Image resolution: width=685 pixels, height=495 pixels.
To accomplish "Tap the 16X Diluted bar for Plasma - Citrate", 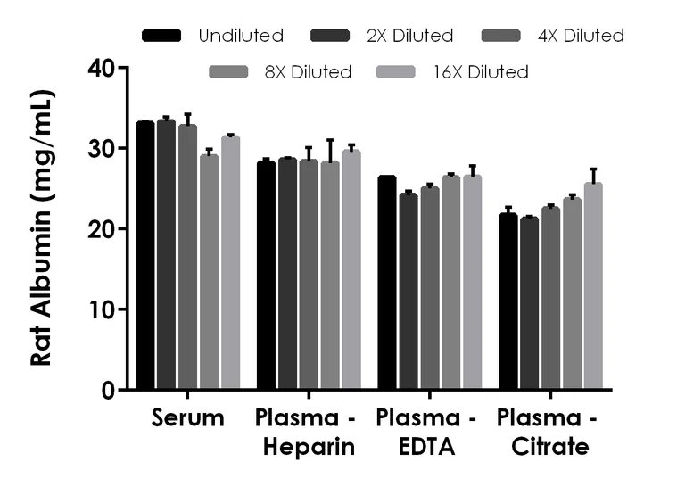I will pyautogui.click(x=593, y=286).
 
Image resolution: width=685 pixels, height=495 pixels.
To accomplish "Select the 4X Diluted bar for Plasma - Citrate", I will pyautogui.click(x=551, y=298).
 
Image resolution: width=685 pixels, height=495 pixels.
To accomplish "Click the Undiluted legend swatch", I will pyautogui.click(x=161, y=36).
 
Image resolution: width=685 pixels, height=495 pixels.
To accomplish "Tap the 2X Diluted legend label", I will pyautogui.click(x=411, y=36).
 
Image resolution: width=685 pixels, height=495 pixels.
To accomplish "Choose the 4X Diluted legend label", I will pyautogui.click(x=581, y=36).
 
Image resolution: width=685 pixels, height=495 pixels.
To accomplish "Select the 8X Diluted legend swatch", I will pyautogui.click(x=228, y=71).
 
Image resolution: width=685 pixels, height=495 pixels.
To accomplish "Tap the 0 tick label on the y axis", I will pyautogui.click(x=109, y=391).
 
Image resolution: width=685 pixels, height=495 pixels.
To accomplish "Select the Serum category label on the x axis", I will pyautogui.click(x=187, y=418).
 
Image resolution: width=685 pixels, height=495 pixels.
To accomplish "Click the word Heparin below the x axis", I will pyautogui.click(x=309, y=448).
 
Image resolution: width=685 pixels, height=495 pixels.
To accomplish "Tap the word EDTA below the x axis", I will pyautogui.click(x=426, y=448).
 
